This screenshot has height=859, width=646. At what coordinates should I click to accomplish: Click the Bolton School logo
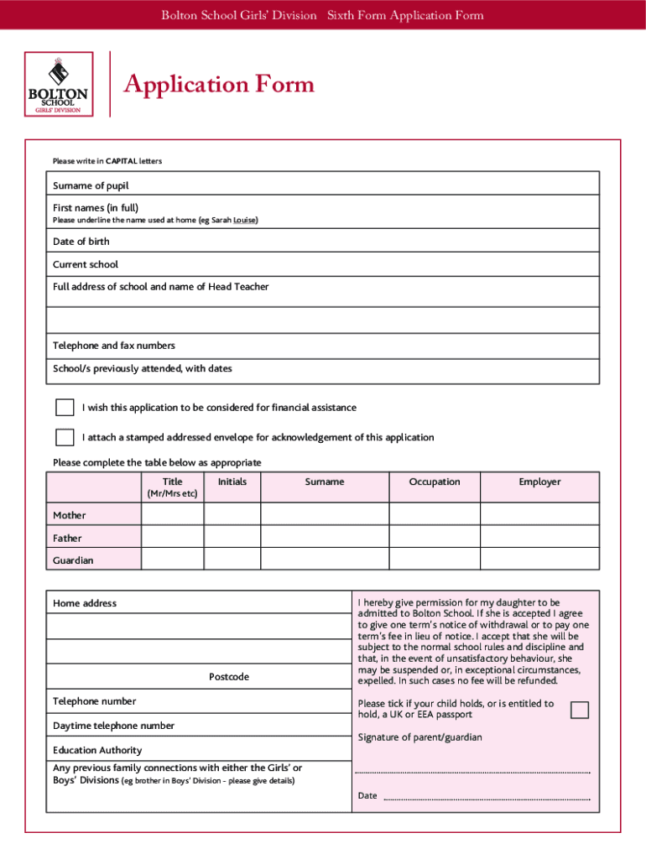click(58, 84)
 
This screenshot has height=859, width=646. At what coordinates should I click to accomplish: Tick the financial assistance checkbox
click(65, 408)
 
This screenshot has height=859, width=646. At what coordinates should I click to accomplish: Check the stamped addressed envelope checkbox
click(65, 437)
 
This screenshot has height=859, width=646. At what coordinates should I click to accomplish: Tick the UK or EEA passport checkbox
click(580, 711)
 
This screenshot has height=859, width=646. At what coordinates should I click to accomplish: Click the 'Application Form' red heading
click(219, 84)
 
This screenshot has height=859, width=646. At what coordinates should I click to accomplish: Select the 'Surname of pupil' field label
click(91, 185)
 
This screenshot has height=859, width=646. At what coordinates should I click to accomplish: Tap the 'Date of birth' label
click(81, 242)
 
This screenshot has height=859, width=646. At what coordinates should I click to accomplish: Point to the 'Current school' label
click(86, 264)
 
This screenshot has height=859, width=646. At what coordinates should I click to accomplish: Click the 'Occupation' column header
click(435, 482)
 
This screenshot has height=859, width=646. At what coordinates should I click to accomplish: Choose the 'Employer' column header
click(539, 482)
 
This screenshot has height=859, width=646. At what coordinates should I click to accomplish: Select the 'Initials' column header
click(232, 482)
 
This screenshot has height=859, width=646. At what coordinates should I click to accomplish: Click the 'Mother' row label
click(70, 515)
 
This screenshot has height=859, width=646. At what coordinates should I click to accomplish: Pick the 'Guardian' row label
click(74, 560)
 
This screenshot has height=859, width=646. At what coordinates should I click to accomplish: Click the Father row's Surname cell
click(325, 538)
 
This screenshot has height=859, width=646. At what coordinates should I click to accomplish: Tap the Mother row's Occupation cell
click(435, 514)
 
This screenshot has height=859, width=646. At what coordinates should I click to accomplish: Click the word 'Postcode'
click(229, 677)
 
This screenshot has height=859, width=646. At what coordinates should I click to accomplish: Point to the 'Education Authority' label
click(97, 750)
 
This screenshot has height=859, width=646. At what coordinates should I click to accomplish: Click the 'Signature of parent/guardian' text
click(420, 737)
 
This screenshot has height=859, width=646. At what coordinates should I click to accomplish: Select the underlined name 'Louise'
click(245, 221)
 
